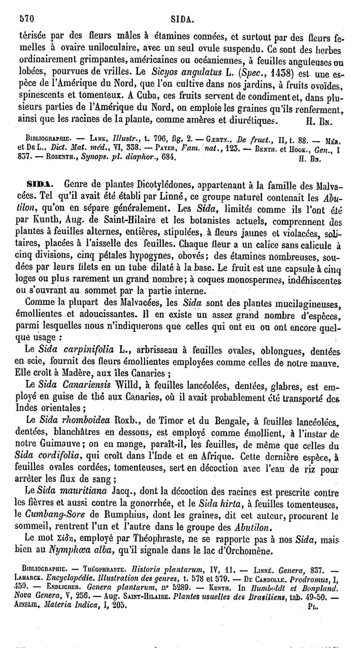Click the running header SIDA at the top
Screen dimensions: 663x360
pos(182,19)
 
